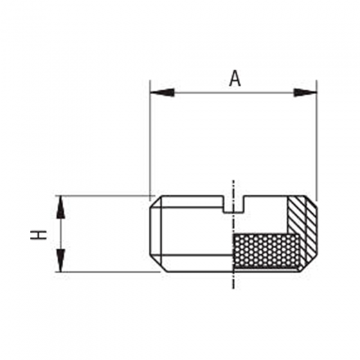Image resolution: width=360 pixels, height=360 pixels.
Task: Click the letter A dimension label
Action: click(x=235, y=78)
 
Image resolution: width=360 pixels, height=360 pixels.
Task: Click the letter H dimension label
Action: click(x=39, y=235)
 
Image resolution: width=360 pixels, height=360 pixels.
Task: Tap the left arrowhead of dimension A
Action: click(x=162, y=93)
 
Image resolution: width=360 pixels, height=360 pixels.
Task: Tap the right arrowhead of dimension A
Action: click(x=305, y=93)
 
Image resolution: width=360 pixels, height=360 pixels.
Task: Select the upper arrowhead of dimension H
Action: click(x=61, y=207)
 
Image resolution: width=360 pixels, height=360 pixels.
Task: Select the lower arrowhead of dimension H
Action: click(x=61, y=260)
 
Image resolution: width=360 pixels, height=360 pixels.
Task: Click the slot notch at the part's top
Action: click(x=233, y=204)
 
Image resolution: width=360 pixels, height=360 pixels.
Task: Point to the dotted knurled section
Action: click(x=267, y=251)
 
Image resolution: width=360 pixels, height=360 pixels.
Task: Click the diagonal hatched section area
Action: click(x=303, y=230)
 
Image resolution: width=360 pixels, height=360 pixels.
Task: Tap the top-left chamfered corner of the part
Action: click(x=156, y=201)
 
